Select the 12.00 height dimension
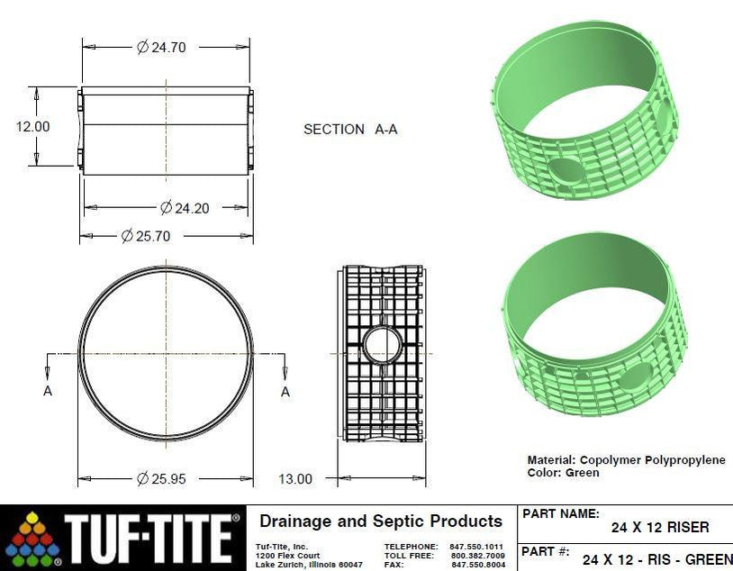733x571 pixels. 32,126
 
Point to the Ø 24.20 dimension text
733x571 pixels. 185,208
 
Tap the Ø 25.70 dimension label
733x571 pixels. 146,236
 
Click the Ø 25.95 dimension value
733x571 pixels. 161,478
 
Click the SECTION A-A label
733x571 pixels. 350,130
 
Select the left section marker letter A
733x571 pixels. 48,391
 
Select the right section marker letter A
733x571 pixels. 285,391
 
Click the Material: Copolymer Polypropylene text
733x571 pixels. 626,459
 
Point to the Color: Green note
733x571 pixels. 563,472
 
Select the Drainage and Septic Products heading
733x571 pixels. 380,521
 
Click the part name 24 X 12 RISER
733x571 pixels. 660,527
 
